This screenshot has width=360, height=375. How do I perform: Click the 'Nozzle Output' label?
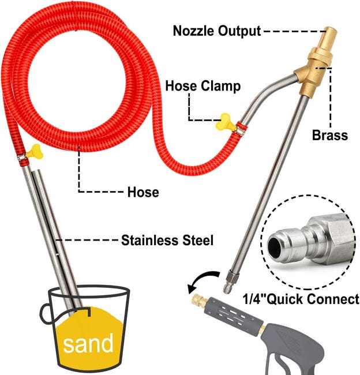(x=217, y=31)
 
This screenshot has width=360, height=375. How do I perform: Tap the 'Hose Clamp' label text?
(x=202, y=86)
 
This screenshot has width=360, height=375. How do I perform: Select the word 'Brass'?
(x=330, y=136)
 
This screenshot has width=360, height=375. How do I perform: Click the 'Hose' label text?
(x=142, y=192)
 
